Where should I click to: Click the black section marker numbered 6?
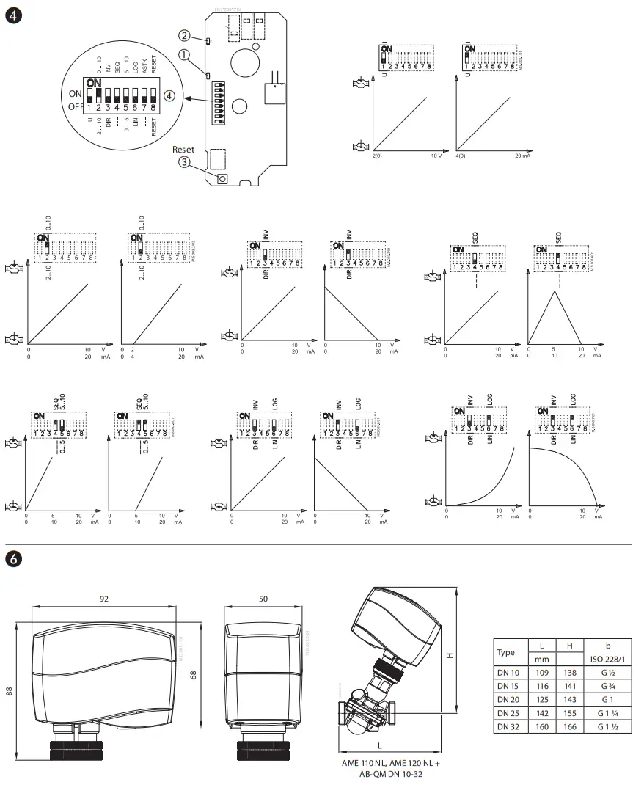pos(12,559)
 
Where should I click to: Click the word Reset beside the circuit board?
pos(183,149)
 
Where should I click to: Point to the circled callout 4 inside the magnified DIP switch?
pos(169,96)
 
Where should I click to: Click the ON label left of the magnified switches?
pos(75,93)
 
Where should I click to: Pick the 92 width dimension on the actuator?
pos(103,599)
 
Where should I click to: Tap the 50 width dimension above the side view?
pos(263,599)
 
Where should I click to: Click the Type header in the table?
pos(506,651)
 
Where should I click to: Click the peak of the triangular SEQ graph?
pos(555,291)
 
